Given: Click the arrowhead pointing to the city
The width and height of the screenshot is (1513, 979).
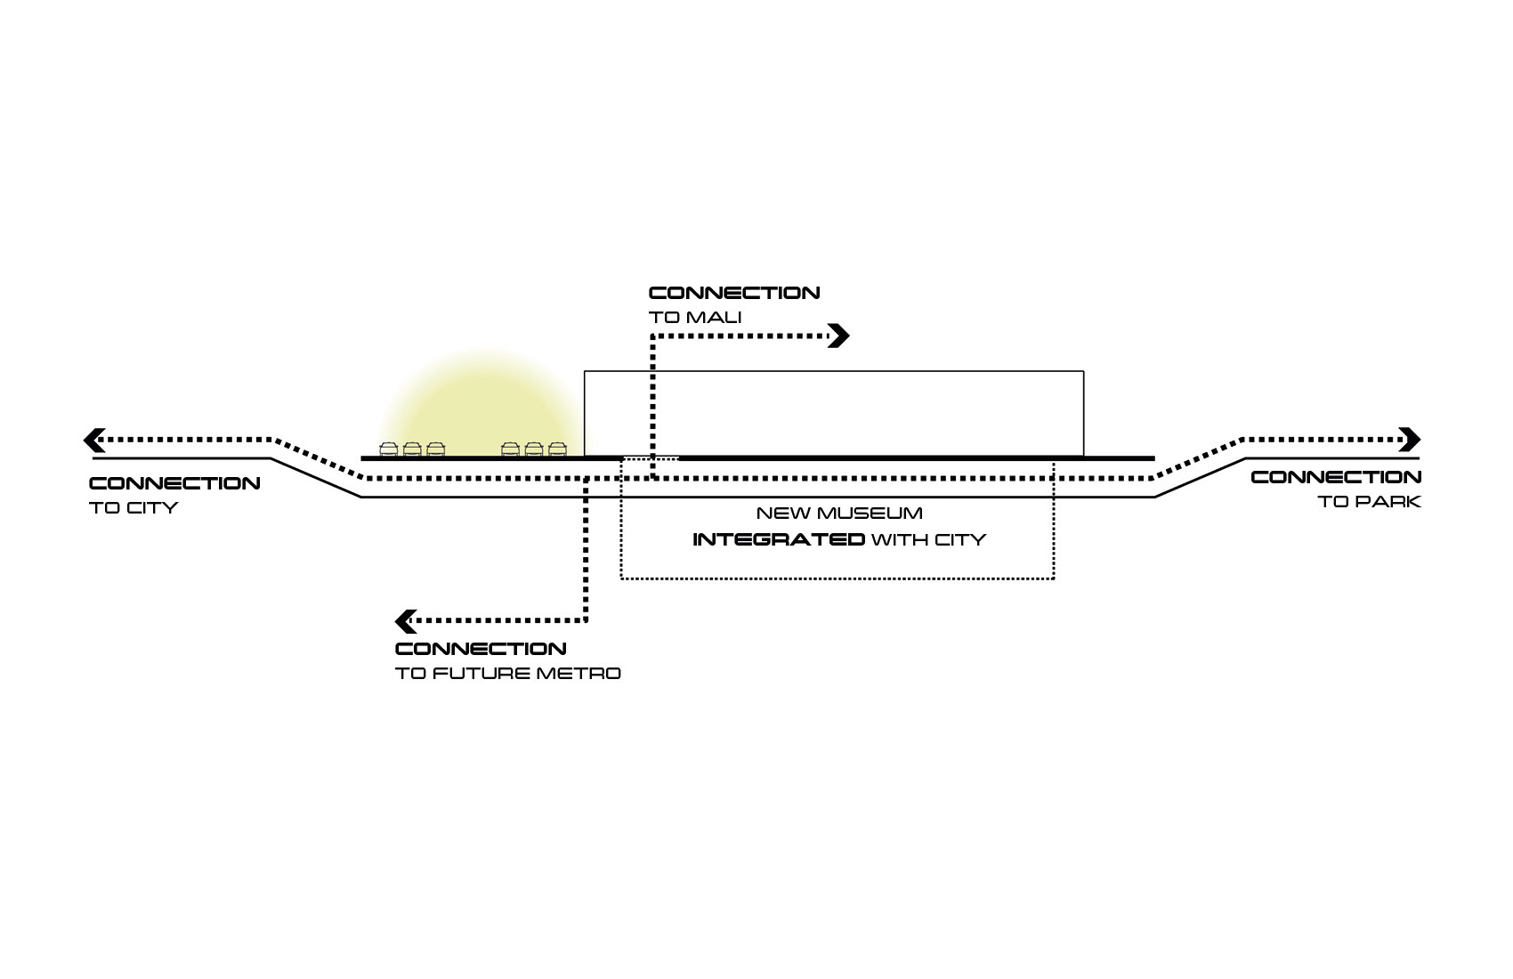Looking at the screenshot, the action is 93,440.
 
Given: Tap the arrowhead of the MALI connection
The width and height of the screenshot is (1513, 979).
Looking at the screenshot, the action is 839,336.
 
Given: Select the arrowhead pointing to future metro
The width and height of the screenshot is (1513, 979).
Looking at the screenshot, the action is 405,620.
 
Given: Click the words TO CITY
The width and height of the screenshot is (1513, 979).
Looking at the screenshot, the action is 133,508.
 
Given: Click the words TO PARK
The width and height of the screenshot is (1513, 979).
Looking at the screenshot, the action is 1369,502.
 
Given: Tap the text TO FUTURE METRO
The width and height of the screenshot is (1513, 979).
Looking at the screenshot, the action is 507,674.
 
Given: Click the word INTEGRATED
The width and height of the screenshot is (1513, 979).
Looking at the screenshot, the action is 778,540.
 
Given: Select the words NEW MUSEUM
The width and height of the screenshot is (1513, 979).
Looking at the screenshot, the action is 838,514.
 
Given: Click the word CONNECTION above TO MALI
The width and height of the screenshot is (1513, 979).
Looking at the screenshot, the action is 734,293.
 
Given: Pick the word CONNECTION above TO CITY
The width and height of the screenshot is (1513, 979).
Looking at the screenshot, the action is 174,484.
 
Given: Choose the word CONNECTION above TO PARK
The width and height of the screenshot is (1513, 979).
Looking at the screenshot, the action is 1336,478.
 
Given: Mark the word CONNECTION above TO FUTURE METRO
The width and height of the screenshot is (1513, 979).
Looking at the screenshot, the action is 481,649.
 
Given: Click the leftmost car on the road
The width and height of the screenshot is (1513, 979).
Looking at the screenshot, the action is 389,449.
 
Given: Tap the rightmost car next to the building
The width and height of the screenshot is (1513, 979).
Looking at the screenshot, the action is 557,449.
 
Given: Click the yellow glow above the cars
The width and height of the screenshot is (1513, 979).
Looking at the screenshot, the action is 476,400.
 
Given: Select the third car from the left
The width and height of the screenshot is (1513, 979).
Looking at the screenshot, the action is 435,449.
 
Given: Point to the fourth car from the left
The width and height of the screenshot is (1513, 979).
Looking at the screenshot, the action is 510,449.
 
